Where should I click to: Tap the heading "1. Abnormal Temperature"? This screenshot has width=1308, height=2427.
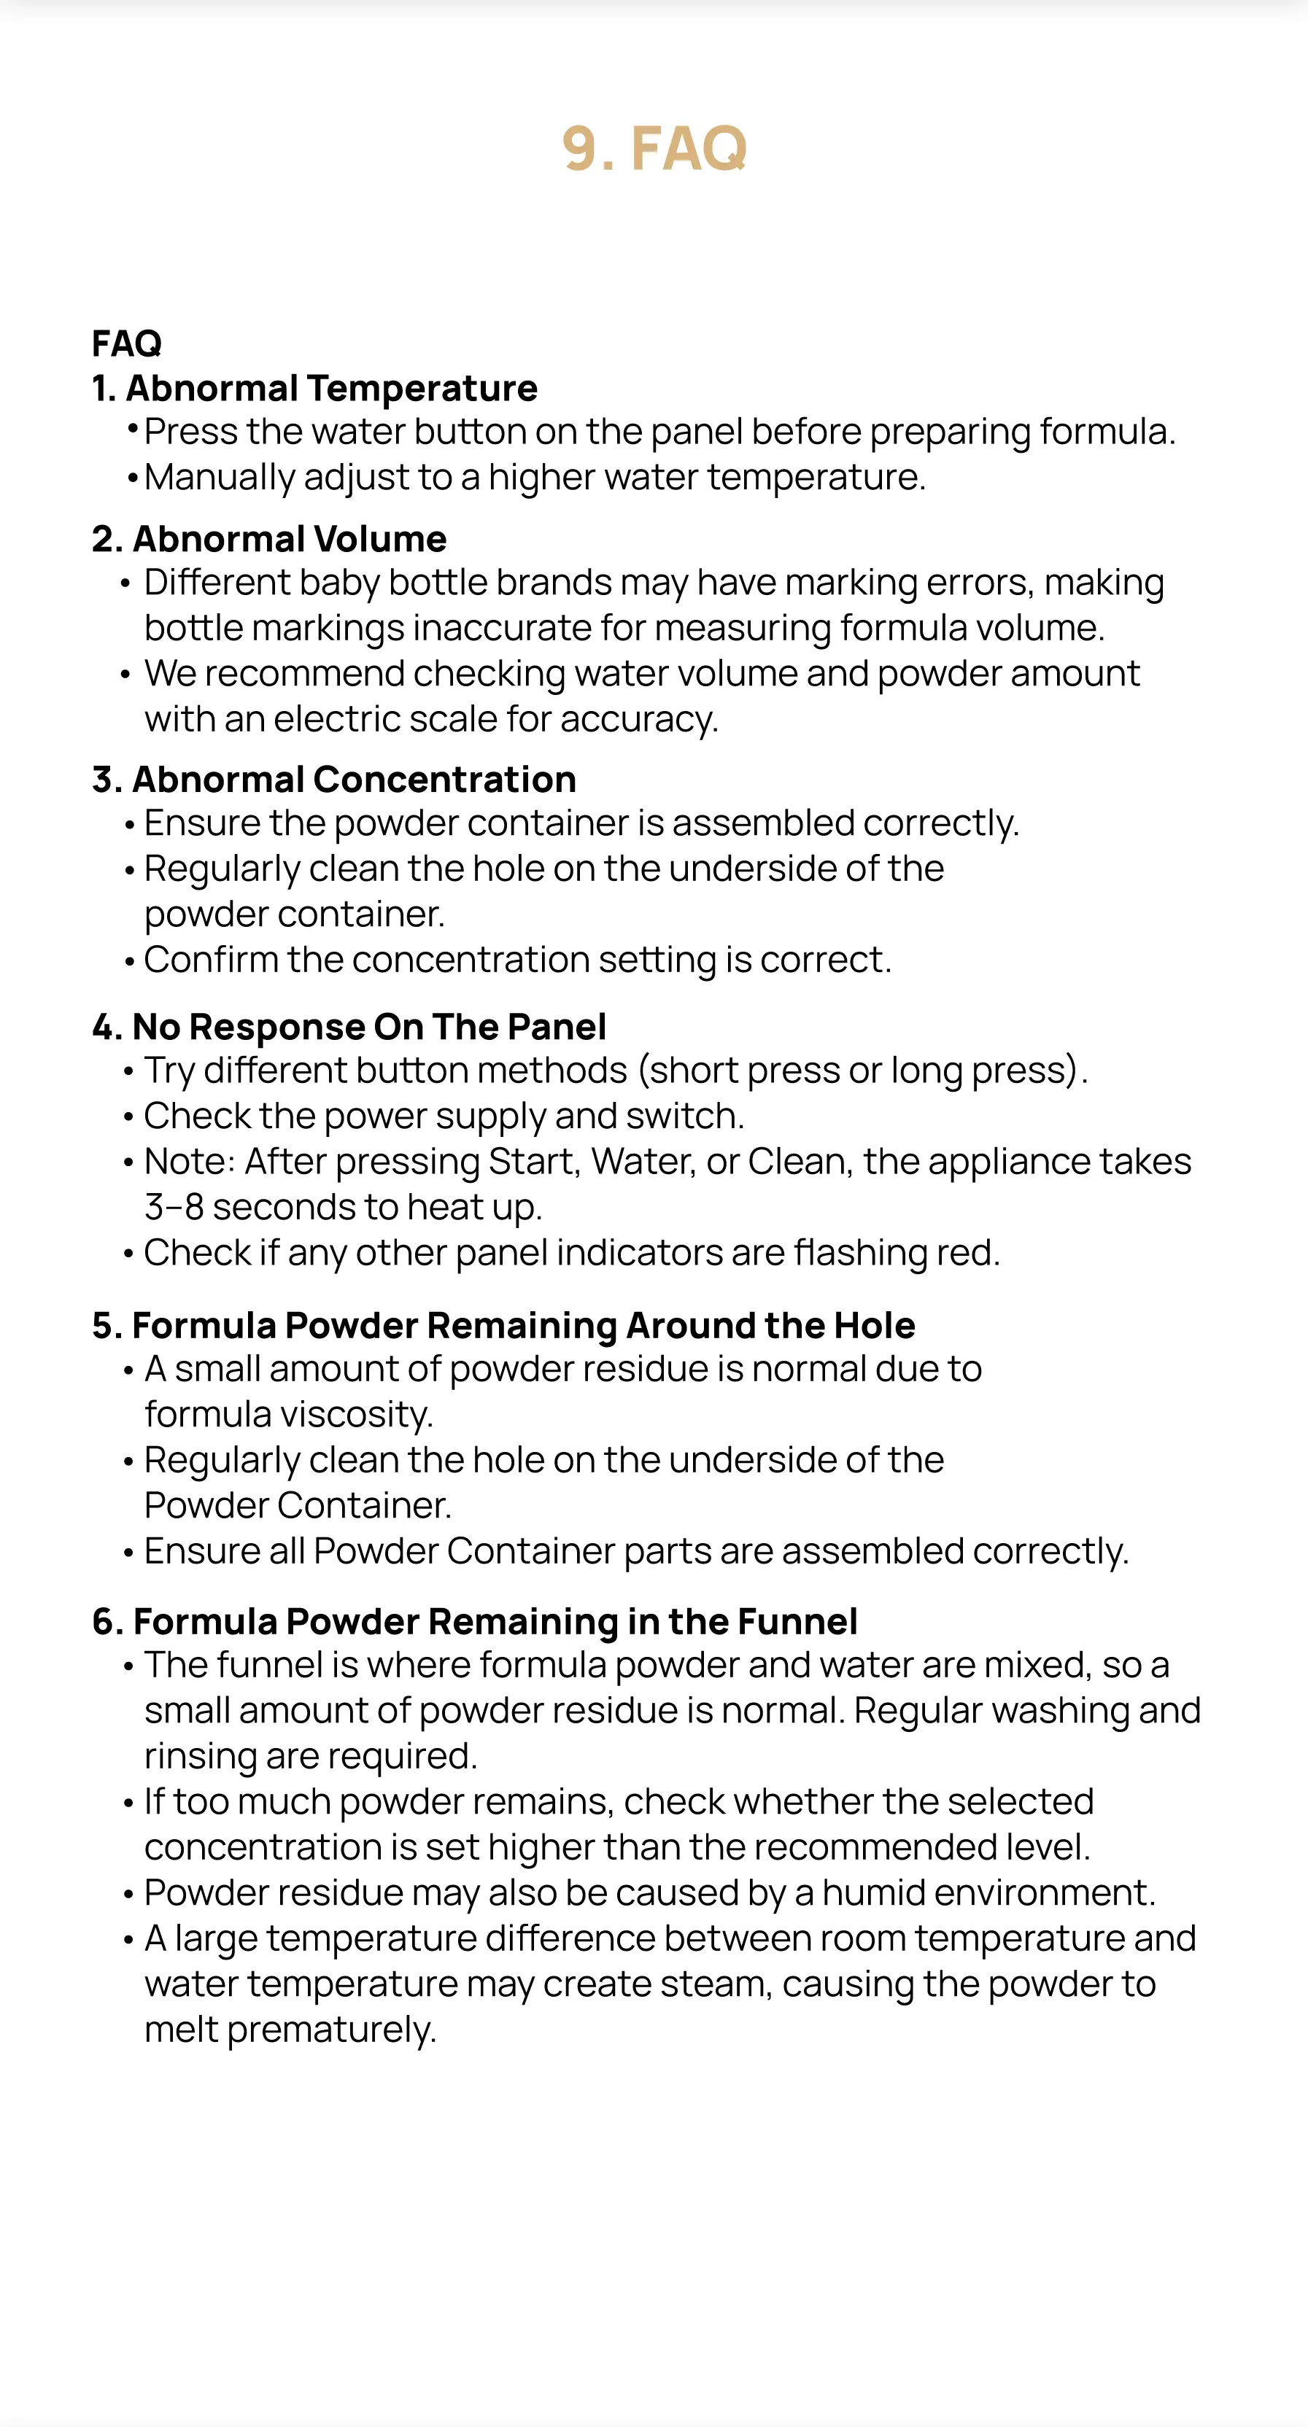[x=314, y=388]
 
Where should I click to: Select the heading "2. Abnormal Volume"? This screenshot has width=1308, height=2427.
[x=269, y=539]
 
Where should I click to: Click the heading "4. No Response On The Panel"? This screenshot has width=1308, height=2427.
[x=349, y=1026]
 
